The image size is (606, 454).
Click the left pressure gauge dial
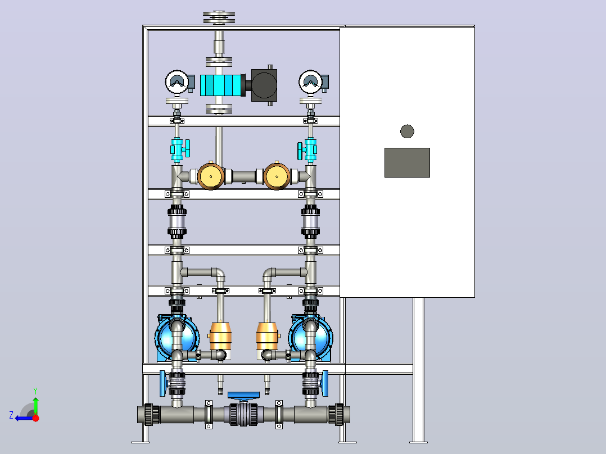(177, 82)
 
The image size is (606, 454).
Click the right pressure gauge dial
(310, 82)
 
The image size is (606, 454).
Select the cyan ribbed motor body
(222, 85)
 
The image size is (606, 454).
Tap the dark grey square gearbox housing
(264, 85)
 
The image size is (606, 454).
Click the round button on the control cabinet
(407, 131)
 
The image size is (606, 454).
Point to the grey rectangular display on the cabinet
(407, 163)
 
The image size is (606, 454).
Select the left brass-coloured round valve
(211, 176)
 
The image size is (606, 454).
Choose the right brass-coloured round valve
(277, 176)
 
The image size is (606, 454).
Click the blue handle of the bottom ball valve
(243, 396)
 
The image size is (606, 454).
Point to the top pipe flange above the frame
(219, 17)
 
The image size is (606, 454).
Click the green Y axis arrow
(35, 402)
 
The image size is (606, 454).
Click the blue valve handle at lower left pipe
(162, 383)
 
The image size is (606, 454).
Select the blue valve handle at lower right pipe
(325, 383)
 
